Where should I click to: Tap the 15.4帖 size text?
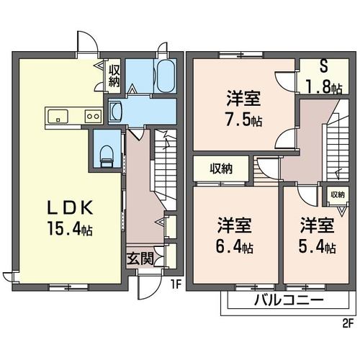click(x=70, y=230)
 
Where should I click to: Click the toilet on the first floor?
click(x=107, y=153)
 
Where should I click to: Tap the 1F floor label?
click(x=175, y=284)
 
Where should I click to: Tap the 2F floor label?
click(x=347, y=322)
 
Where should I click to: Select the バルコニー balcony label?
click(x=287, y=301)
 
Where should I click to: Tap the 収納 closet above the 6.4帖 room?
click(x=221, y=169)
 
